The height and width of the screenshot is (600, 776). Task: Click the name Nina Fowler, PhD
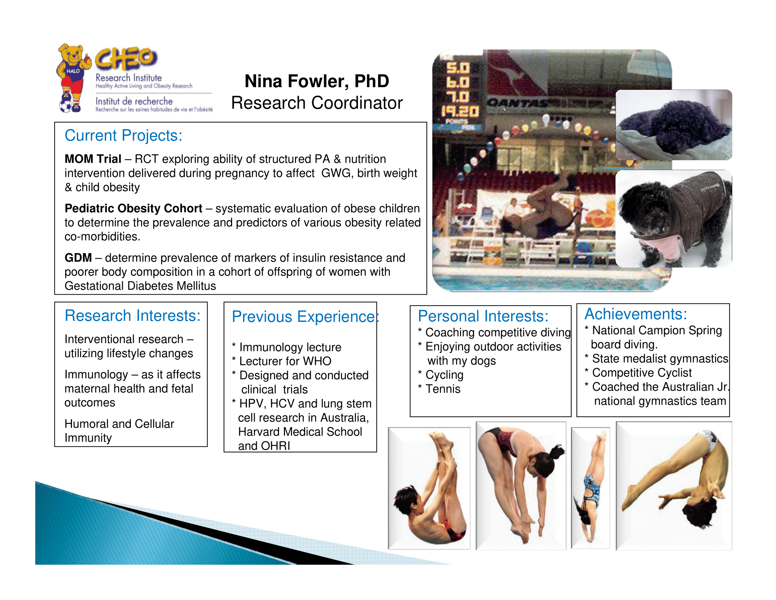point(317,81)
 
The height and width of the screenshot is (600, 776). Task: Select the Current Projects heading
point(123,136)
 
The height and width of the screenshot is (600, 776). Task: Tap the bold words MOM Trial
point(93,159)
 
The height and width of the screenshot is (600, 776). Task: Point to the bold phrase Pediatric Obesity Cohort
point(133,208)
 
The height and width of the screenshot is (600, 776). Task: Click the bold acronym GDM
point(78,257)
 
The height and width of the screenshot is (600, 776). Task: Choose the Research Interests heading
point(133,316)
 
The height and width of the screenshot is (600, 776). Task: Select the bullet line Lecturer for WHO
point(282,361)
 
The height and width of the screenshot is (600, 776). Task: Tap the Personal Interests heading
point(483,316)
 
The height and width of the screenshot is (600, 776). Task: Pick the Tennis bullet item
point(439,389)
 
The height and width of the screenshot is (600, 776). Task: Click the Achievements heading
point(636,314)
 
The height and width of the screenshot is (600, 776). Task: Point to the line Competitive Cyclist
point(638,372)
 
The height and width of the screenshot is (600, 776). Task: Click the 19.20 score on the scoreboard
point(460,112)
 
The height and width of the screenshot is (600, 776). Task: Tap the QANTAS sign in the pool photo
point(517,103)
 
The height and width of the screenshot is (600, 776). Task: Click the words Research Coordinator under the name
point(317,103)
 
